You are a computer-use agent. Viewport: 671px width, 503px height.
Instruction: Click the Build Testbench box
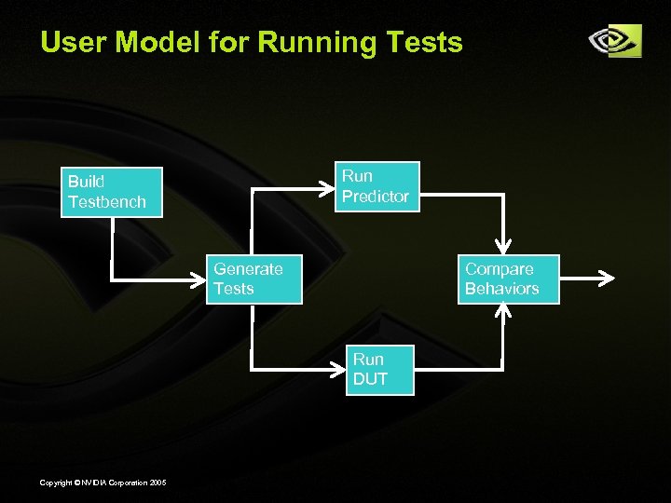[112, 192]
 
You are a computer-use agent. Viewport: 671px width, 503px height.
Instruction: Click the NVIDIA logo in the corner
[614, 41]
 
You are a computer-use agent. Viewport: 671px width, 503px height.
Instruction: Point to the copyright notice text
[103, 482]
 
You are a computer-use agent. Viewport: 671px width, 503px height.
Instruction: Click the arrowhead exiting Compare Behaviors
[607, 279]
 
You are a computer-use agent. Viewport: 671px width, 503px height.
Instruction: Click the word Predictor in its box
[375, 197]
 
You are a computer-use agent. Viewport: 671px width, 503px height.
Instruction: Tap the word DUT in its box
[370, 379]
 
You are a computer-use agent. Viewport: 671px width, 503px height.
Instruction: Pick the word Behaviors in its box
[501, 289]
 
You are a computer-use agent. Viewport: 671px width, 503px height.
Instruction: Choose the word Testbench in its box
[107, 202]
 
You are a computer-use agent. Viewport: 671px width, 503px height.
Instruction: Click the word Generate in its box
[248, 269]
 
